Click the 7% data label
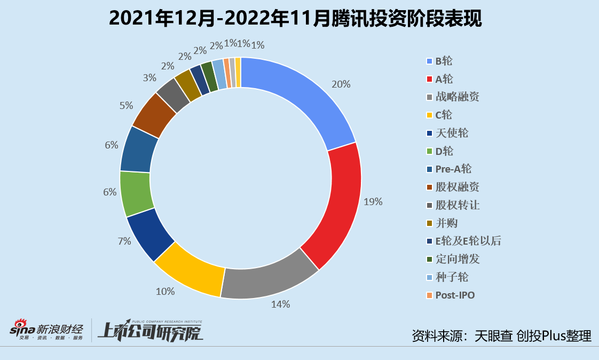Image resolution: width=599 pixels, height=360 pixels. click(x=124, y=241)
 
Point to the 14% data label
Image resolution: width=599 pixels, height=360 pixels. click(x=281, y=304)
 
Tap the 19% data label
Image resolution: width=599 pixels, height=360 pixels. click(x=373, y=201)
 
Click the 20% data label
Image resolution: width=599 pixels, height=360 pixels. click(x=341, y=84)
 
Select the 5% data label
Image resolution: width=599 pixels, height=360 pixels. click(x=127, y=106)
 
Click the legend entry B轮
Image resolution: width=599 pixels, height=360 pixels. click(x=444, y=61)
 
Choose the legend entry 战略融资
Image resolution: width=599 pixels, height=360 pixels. click(x=457, y=97)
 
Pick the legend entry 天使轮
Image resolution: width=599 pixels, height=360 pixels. click(x=452, y=133)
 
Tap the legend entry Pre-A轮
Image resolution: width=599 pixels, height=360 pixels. click(x=453, y=169)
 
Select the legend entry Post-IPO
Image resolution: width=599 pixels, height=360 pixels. click(x=455, y=295)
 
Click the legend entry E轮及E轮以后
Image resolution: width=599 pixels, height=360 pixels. click(x=468, y=241)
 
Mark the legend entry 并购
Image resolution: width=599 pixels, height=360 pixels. click(x=446, y=223)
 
